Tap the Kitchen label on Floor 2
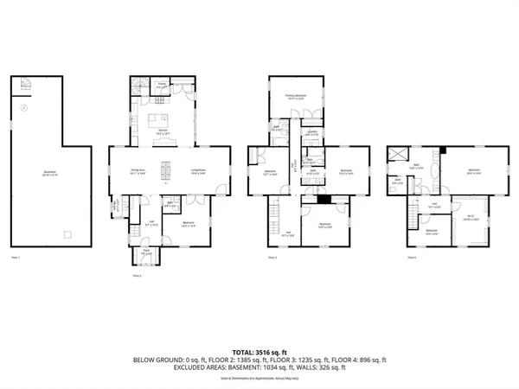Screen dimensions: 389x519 click(162, 133)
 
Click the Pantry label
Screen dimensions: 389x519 click(162, 86)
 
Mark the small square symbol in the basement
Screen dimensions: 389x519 click(66, 234)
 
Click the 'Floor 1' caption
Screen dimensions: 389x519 click(16, 258)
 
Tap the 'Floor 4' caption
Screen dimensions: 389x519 click(413, 258)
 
